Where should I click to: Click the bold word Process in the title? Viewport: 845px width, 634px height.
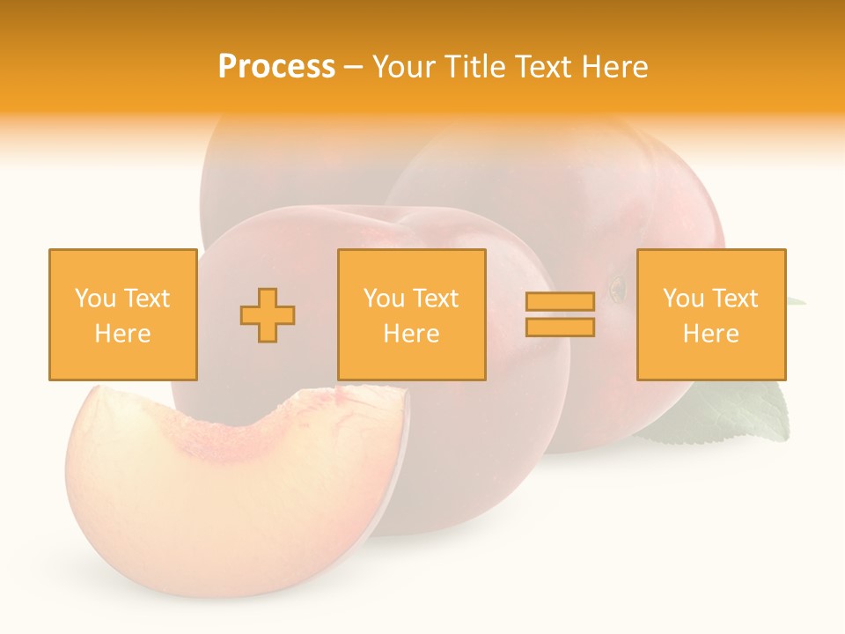pyautogui.click(x=276, y=67)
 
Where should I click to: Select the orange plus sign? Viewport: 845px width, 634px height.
pyautogui.click(x=268, y=314)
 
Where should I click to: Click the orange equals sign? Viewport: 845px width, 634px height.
pyautogui.click(x=560, y=314)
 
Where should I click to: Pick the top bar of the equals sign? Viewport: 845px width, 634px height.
pyautogui.click(x=560, y=302)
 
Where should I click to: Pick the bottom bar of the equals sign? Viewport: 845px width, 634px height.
pyautogui.click(x=560, y=328)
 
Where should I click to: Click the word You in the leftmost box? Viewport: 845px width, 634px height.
pyautogui.click(x=94, y=299)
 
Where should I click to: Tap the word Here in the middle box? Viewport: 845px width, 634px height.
pyautogui.click(x=411, y=334)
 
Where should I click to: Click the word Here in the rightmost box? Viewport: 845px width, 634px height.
pyautogui.click(x=710, y=334)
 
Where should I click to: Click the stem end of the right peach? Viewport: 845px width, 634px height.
pyautogui.click(x=619, y=287)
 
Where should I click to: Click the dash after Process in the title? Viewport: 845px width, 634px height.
pyautogui.click(x=354, y=67)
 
